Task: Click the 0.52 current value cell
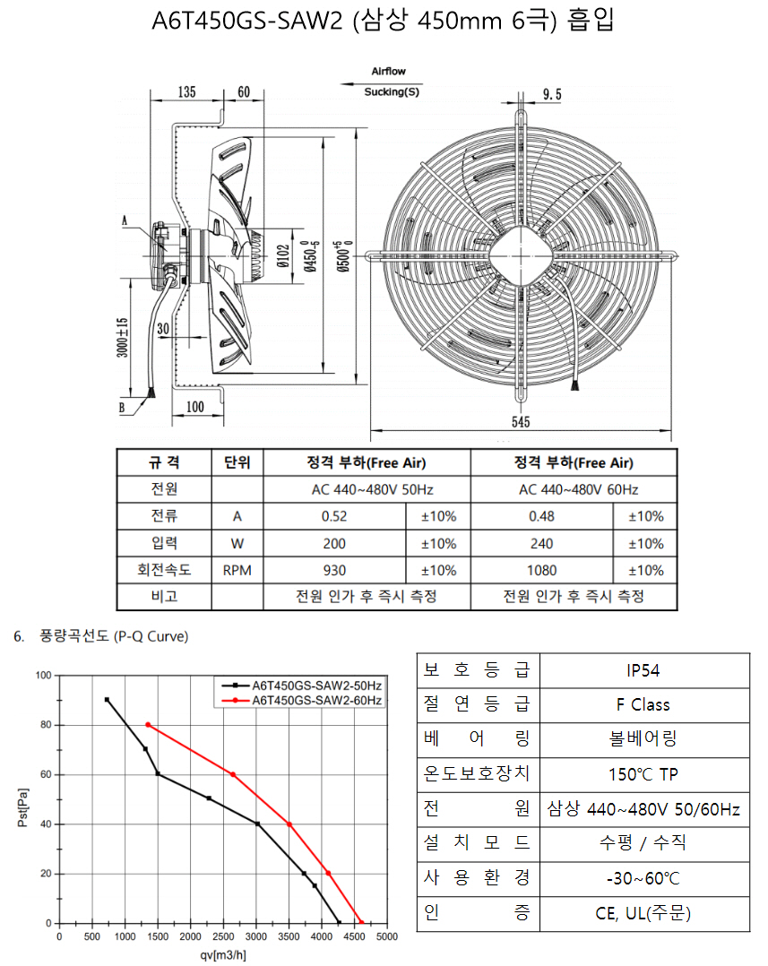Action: point(334,516)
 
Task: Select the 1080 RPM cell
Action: point(542,571)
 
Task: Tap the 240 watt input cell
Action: point(542,543)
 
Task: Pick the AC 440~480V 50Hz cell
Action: point(367,490)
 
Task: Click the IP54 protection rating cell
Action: point(644,670)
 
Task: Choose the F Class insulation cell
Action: point(644,704)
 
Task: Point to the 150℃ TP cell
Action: point(644,774)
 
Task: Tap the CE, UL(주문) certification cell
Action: point(644,913)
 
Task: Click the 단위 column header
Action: point(237,462)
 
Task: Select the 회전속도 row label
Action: point(164,571)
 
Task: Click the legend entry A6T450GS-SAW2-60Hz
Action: point(316,701)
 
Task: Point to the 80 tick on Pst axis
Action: point(47,725)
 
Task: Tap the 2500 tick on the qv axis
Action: point(223,937)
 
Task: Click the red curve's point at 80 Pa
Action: point(148,725)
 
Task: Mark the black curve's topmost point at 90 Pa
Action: point(108,700)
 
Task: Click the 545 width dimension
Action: point(521,422)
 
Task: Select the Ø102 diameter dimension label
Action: point(283,256)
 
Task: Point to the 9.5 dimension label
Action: point(552,94)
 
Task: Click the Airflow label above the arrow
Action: point(389,72)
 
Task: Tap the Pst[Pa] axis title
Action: point(22,807)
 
